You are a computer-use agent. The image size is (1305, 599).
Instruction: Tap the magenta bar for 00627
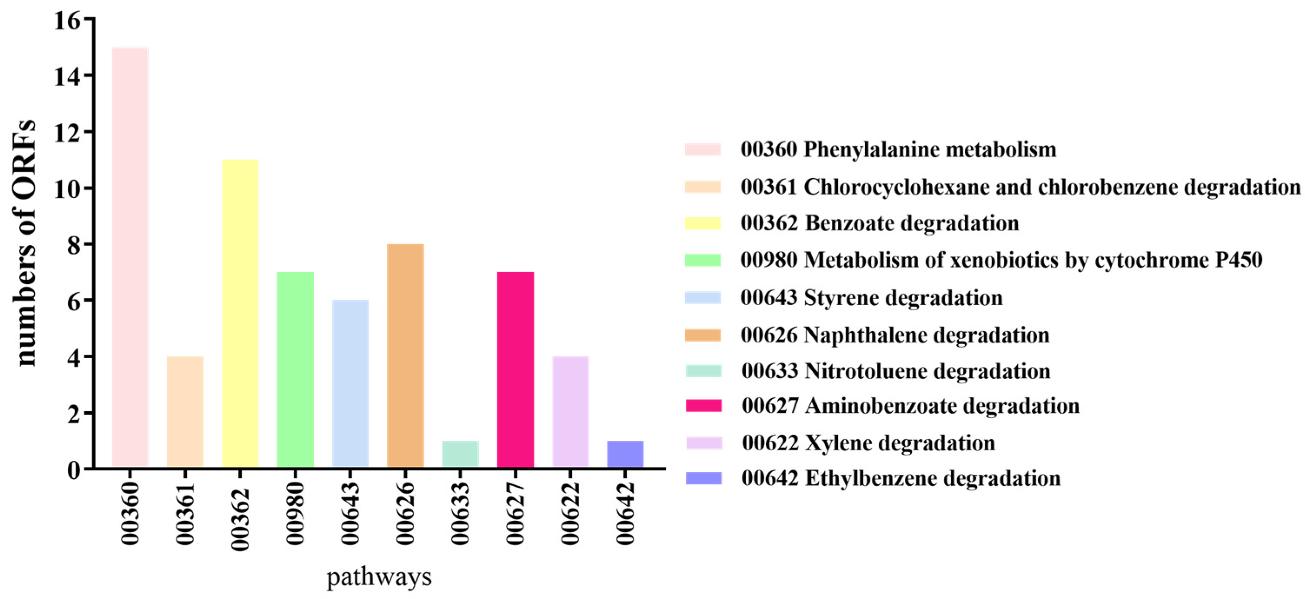(x=515, y=369)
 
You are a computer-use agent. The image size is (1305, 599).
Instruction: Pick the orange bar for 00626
(x=405, y=355)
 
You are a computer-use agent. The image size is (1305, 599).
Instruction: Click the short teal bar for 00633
(x=460, y=454)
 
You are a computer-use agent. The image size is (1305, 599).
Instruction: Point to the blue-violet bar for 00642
(x=625, y=454)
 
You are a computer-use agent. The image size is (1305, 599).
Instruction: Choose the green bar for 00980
(x=296, y=369)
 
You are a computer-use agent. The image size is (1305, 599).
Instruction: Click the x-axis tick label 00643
(x=351, y=513)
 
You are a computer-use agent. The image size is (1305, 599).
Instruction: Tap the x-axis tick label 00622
(x=571, y=513)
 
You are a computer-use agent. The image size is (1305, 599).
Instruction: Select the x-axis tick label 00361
(x=186, y=513)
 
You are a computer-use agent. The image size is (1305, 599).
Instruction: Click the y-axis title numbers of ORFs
(x=25, y=243)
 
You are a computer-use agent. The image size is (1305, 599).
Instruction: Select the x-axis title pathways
(x=379, y=577)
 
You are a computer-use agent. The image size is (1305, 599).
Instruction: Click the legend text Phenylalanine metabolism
(x=930, y=150)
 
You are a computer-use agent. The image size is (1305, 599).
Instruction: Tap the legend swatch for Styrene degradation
(x=703, y=297)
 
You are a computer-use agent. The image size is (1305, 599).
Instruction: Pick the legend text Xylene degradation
(x=900, y=443)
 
